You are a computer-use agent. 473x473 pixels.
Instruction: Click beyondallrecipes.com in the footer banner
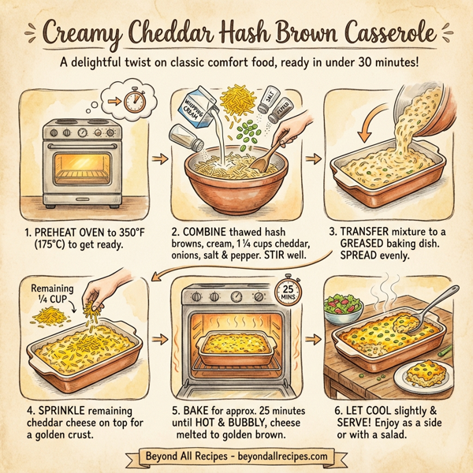point(281,455)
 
